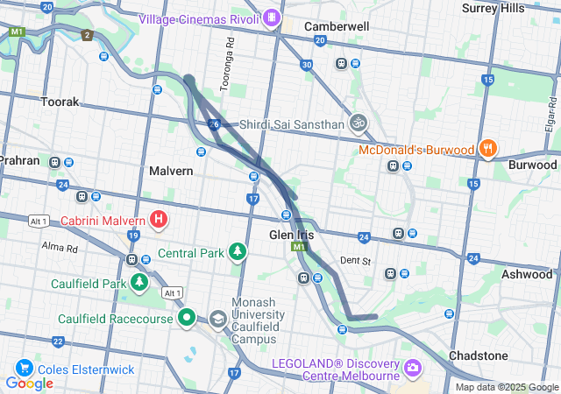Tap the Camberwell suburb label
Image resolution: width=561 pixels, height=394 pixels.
tap(337, 26)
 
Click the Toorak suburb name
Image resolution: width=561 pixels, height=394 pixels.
tap(60, 102)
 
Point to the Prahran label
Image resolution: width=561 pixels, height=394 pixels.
tap(19, 160)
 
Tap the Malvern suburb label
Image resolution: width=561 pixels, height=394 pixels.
tap(171, 171)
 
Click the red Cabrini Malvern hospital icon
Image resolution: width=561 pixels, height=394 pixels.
tap(159, 219)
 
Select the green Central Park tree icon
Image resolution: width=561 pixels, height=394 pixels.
tap(237, 253)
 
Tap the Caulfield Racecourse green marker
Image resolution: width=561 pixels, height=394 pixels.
tap(186, 318)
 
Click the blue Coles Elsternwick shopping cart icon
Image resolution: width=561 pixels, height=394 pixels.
tap(23, 369)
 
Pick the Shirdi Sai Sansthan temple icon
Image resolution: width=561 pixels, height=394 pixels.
tap(358, 123)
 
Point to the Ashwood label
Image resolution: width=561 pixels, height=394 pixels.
tap(526, 274)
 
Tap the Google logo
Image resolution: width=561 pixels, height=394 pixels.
tap(29, 383)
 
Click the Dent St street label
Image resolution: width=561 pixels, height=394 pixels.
tap(356, 260)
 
